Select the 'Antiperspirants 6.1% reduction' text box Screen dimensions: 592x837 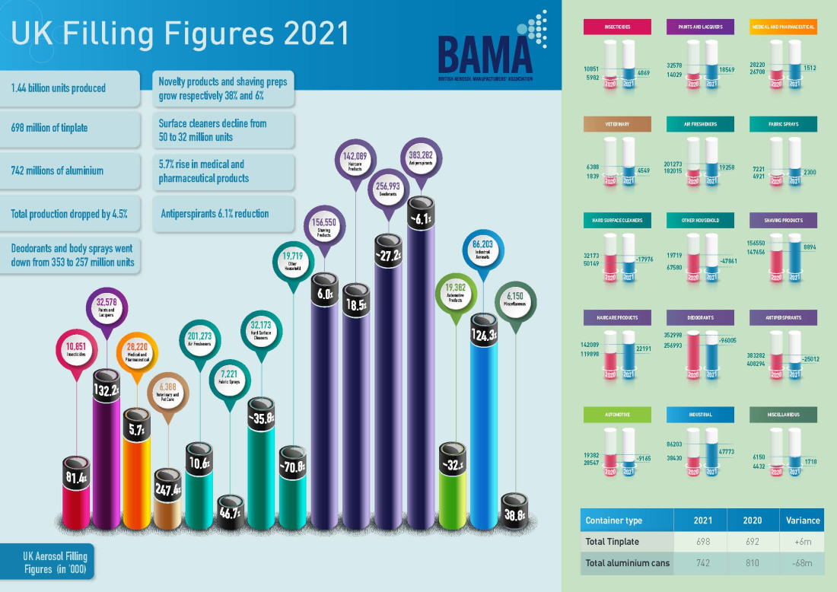tap(215, 214)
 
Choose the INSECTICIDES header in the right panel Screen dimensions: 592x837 tap(617, 27)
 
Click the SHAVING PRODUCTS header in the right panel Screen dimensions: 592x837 tap(783, 221)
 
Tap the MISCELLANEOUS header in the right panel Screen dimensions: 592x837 tap(783, 415)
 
